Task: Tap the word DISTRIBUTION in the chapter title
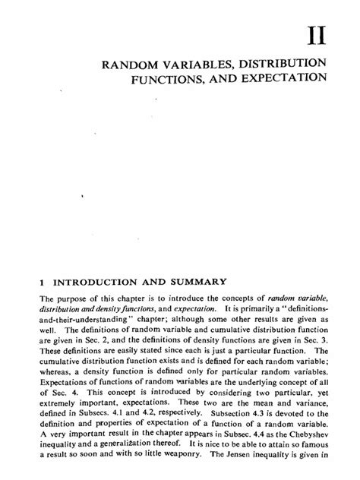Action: (282, 62)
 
